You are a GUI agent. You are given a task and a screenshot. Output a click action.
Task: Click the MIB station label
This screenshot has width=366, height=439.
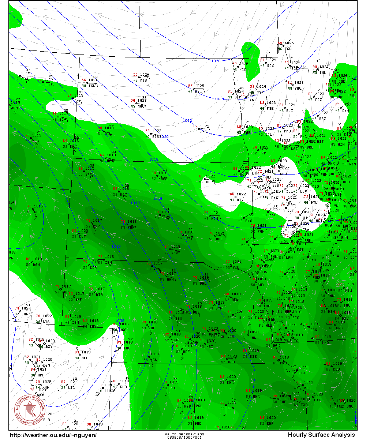click(x=143, y=80)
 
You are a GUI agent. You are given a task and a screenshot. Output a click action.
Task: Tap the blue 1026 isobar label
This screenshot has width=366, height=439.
click(x=216, y=61)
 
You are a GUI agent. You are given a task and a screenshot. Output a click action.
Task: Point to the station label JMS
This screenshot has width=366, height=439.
click(x=203, y=132)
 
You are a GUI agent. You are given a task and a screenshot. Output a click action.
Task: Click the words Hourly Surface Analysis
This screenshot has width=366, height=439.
click(x=321, y=435)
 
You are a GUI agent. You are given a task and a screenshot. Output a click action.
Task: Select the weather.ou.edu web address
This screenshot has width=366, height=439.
click(x=53, y=435)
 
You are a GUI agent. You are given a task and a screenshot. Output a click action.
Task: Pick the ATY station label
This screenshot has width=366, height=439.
click(x=240, y=200)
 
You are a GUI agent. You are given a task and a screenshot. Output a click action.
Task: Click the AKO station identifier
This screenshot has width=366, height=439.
click(x=85, y=358)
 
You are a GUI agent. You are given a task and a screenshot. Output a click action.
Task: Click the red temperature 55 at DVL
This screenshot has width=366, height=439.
click(x=190, y=86)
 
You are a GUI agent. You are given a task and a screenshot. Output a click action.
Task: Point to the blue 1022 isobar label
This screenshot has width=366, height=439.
click(x=187, y=120)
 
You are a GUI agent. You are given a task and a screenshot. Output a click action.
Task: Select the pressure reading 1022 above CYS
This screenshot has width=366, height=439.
click(x=47, y=316)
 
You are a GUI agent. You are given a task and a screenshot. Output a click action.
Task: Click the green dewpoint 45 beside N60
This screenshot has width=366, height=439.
click(x=133, y=106)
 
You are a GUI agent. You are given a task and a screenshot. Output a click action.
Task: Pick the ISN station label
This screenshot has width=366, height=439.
click(x=91, y=86)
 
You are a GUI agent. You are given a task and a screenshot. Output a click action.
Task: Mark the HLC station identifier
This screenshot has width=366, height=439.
click(x=173, y=388)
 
